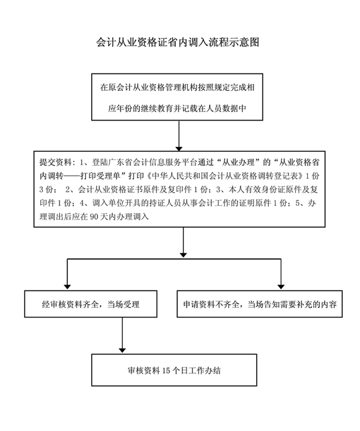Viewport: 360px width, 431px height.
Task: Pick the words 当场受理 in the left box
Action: click(125, 305)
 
